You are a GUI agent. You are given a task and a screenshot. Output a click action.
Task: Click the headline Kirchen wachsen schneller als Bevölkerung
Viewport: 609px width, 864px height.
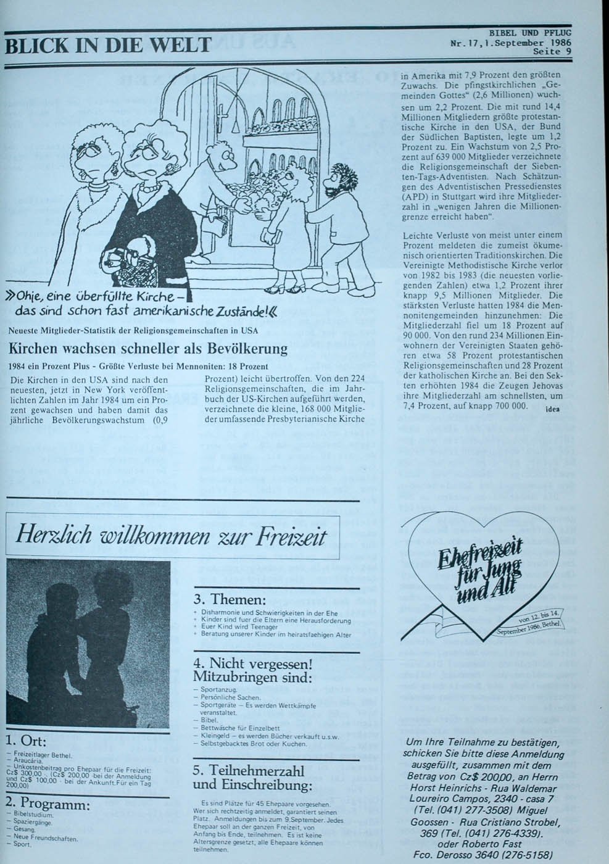tap(148, 349)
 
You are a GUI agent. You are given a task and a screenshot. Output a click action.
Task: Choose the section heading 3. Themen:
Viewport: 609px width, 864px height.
tap(230, 600)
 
